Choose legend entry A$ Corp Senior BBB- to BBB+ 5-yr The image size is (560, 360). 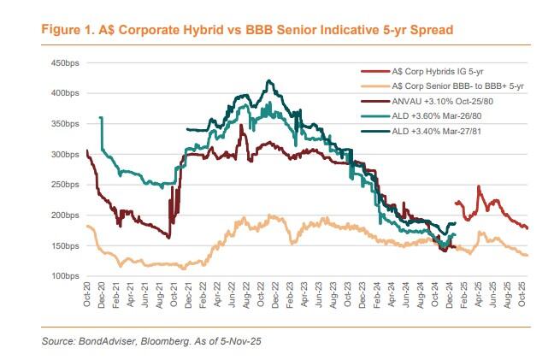coord(456,86)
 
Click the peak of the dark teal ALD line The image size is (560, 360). coord(270,81)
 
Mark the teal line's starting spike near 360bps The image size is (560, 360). coord(102,118)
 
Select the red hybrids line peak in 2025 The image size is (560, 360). coord(479,186)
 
